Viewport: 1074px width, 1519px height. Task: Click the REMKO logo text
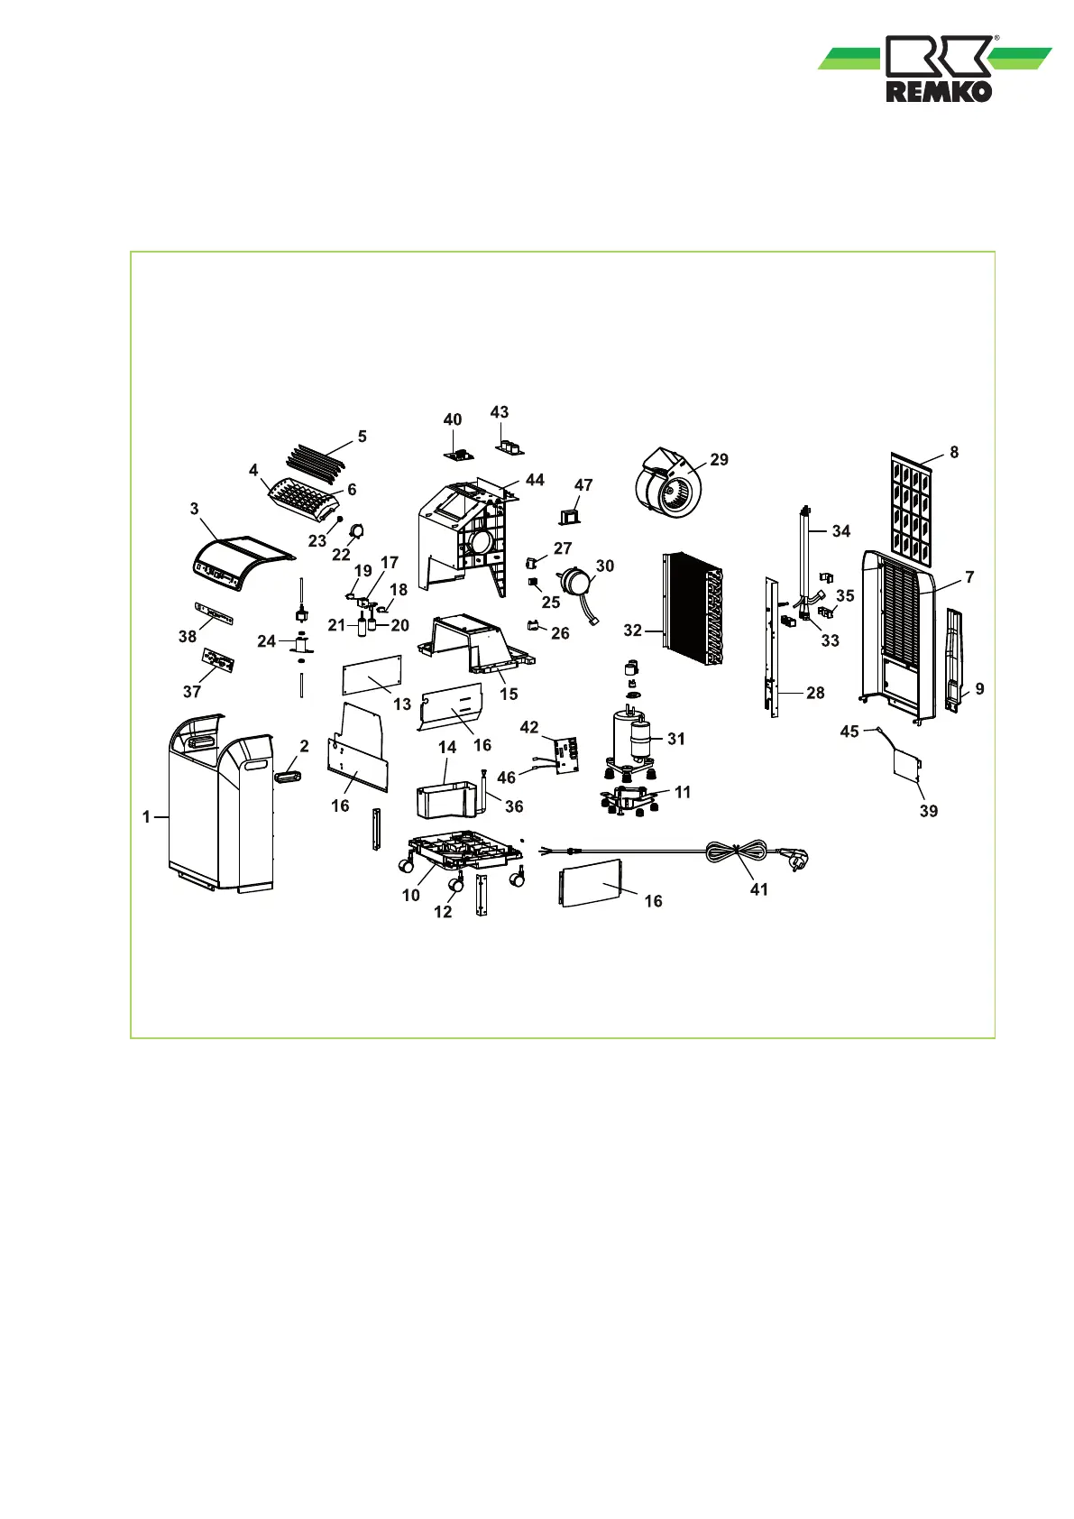[x=939, y=91]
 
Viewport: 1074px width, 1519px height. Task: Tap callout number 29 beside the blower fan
[x=719, y=459]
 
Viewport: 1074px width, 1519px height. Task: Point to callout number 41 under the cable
[x=759, y=889]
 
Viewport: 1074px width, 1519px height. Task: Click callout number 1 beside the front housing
[x=146, y=817]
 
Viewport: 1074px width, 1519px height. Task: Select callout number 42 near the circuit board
[x=529, y=728]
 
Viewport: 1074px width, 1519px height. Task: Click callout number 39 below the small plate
[x=929, y=811]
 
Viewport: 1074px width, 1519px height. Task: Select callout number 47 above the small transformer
[x=583, y=484]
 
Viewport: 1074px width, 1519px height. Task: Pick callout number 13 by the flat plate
[x=402, y=704]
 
